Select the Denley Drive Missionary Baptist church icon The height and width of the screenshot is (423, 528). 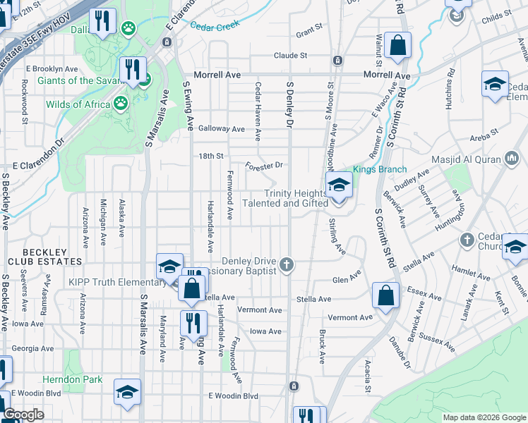pyautogui.click(x=286, y=266)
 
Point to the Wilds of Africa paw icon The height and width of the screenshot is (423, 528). pyautogui.click(x=121, y=104)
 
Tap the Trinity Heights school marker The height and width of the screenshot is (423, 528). pyautogui.click(x=339, y=188)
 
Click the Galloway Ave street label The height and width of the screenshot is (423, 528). pyautogui.click(x=221, y=129)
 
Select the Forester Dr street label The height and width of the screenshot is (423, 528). pyautogui.click(x=264, y=166)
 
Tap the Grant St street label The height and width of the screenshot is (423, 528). pyautogui.click(x=309, y=32)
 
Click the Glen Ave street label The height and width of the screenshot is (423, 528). pyautogui.click(x=347, y=280)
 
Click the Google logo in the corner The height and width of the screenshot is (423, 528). pyautogui.click(x=24, y=415)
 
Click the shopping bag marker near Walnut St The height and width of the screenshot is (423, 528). pyautogui.click(x=398, y=46)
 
